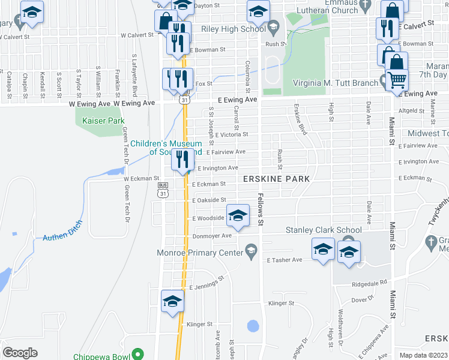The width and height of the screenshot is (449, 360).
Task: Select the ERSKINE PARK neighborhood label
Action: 276,179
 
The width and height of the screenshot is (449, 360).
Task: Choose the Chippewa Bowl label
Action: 101,356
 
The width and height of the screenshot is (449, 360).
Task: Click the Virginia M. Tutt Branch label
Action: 334,83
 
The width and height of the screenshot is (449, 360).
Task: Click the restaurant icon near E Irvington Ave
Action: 182,160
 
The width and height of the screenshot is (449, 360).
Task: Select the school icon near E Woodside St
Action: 238,215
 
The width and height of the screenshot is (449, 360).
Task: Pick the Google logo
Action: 20,352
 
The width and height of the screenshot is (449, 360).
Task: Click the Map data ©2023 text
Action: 423,355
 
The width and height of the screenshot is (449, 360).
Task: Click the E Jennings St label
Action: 206,284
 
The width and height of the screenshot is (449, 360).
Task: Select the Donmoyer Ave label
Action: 212,236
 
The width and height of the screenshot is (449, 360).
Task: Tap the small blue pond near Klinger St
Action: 253,326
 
